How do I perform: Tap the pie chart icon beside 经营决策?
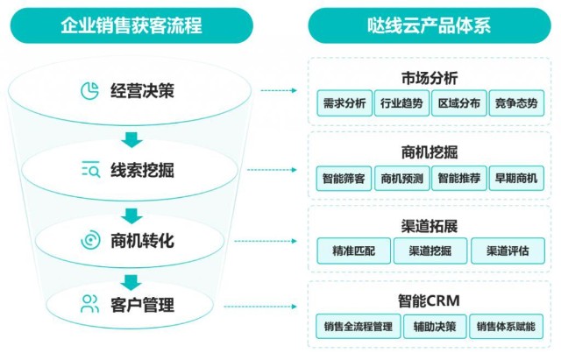89,90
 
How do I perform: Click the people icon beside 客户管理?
89,304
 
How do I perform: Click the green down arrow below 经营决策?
131,138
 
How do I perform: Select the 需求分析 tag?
344,103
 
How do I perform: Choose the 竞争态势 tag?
515,103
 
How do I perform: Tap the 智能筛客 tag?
344,179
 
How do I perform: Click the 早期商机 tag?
515,179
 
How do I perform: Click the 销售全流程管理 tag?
358,327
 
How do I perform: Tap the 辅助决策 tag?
434,327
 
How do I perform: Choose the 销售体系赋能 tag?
508,327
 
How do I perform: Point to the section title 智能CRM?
429,301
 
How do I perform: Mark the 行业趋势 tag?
401,103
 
